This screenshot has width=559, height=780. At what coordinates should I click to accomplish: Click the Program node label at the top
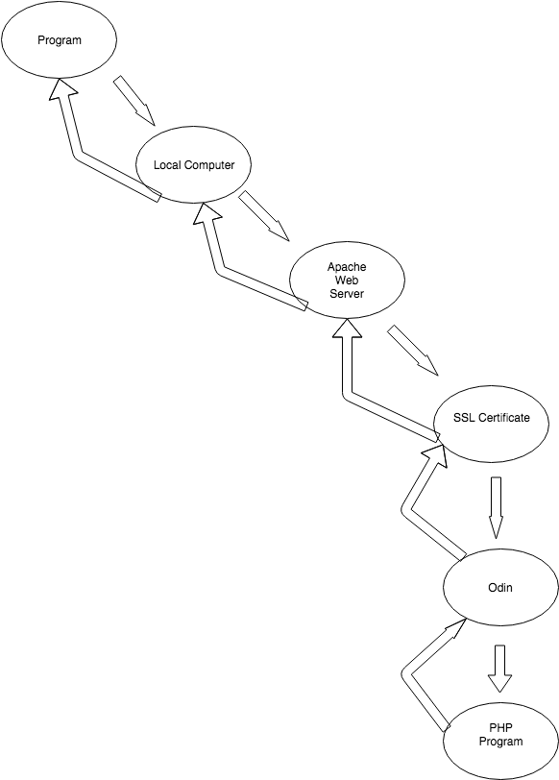click(x=60, y=40)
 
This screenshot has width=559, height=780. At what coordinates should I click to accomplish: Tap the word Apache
click(x=347, y=267)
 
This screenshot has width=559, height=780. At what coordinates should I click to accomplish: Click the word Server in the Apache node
click(x=347, y=294)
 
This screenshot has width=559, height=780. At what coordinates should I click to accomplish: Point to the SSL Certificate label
click(x=492, y=418)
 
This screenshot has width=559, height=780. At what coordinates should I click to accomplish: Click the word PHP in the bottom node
click(x=500, y=728)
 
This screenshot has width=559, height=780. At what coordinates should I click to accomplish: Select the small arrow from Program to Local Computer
click(x=134, y=101)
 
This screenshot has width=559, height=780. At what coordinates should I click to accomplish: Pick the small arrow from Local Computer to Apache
click(x=263, y=216)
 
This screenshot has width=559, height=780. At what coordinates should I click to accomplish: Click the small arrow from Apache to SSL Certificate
click(x=413, y=351)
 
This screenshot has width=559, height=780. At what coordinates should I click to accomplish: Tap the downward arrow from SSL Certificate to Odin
click(x=496, y=508)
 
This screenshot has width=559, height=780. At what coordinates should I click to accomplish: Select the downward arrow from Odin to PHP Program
click(x=499, y=669)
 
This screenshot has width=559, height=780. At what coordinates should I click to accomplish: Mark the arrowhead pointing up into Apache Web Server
click(x=347, y=327)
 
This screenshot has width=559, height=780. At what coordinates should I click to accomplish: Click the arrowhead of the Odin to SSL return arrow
click(x=436, y=454)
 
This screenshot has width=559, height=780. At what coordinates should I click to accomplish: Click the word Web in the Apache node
click(x=347, y=280)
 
